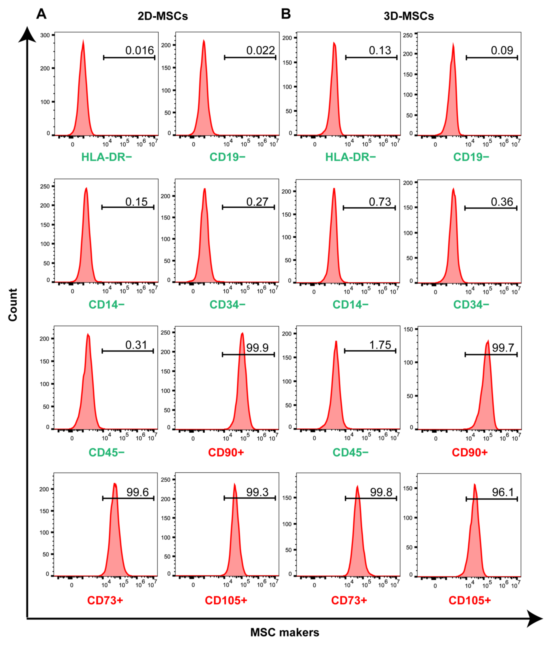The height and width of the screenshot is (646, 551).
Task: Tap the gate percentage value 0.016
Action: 139,50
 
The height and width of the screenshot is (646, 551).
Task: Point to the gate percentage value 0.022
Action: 261,50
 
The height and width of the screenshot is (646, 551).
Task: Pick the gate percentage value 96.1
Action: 503,492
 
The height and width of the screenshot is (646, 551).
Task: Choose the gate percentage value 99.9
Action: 257,348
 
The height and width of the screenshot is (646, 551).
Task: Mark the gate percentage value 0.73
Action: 380,202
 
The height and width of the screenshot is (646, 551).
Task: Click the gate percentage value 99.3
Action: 257,492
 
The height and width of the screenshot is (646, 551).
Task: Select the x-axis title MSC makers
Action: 285,632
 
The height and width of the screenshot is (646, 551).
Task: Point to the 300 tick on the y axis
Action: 45,35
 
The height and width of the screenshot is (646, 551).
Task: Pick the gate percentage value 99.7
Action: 503,348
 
